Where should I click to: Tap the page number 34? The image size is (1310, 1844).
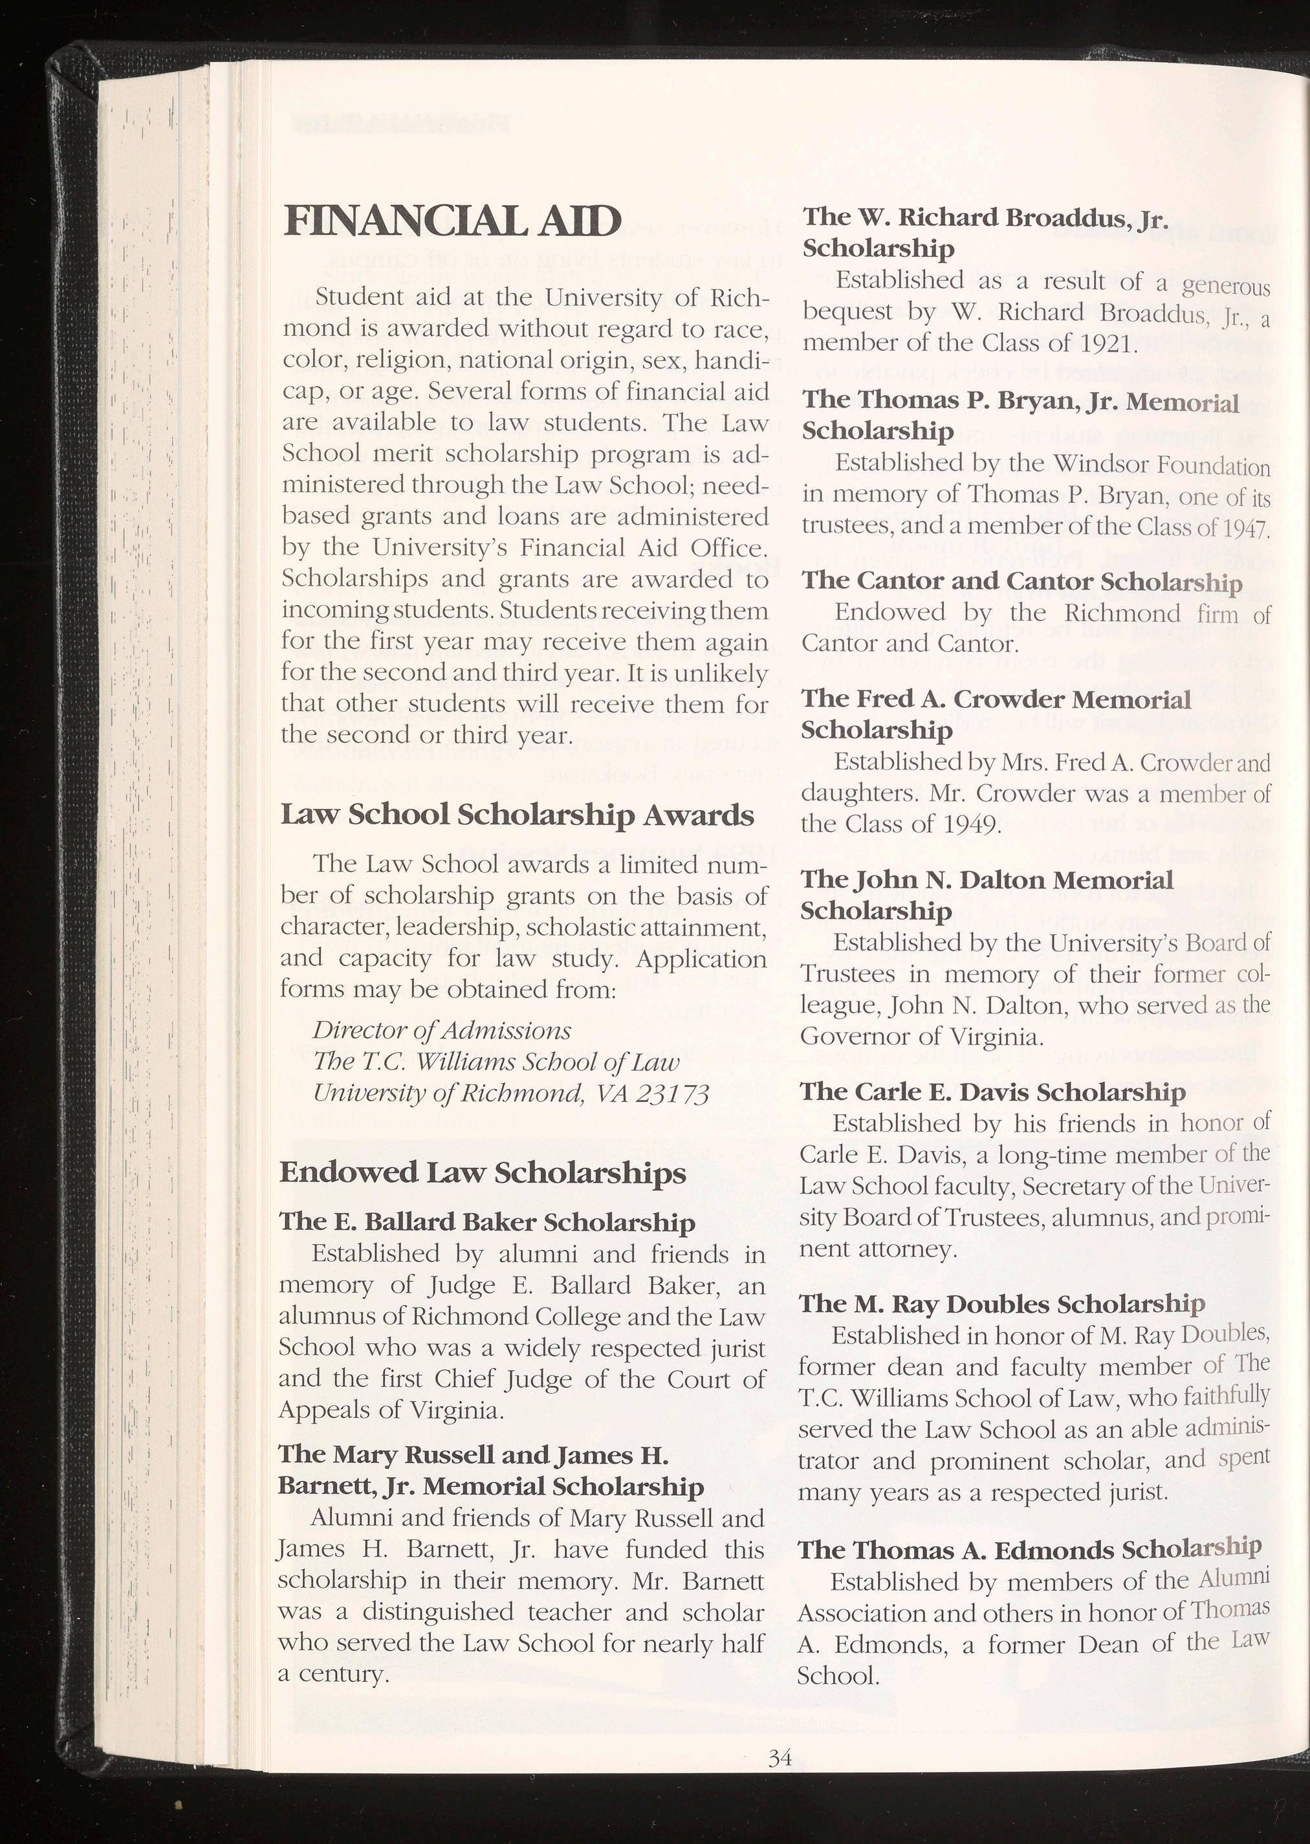(781, 1753)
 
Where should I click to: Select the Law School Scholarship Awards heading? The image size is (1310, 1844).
(517, 815)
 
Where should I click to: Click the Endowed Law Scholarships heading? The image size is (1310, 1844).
(483, 1172)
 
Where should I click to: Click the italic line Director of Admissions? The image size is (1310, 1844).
(442, 1031)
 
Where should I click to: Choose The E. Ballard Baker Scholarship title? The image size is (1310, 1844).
(487, 1222)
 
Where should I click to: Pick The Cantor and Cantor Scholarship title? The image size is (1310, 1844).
(1021, 582)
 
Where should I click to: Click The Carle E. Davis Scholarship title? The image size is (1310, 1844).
(992, 1092)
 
